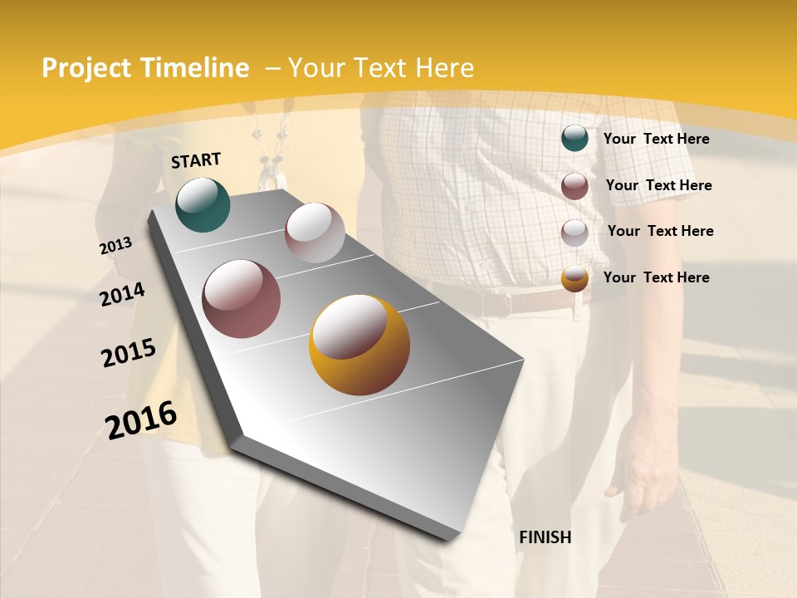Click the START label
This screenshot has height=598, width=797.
pyautogui.click(x=196, y=160)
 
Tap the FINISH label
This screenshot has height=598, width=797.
pyautogui.click(x=545, y=537)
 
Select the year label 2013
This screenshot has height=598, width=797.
pyautogui.click(x=115, y=246)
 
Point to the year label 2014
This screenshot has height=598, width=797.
pyautogui.click(x=122, y=294)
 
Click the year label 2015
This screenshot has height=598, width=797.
pyautogui.click(x=129, y=353)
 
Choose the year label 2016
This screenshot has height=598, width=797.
pyautogui.click(x=141, y=420)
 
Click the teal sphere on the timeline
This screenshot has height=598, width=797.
pyautogui.click(x=203, y=204)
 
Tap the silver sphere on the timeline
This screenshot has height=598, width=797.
pyautogui.click(x=315, y=233)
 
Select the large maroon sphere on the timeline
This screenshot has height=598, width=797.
pyautogui.click(x=242, y=299)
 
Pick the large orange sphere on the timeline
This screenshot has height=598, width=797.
pyautogui.click(x=359, y=345)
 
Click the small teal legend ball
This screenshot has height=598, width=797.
pyautogui.click(x=575, y=139)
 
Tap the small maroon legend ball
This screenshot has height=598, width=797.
pyautogui.click(x=575, y=186)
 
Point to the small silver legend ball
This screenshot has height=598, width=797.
pyautogui.click(x=575, y=233)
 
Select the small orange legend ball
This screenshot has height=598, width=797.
pyautogui.click(x=575, y=278)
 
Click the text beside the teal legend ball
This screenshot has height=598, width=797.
pyautogui.click(x=656, y=139)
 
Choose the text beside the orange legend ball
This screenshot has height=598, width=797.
pyautogui.click(x=656, y=277)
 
